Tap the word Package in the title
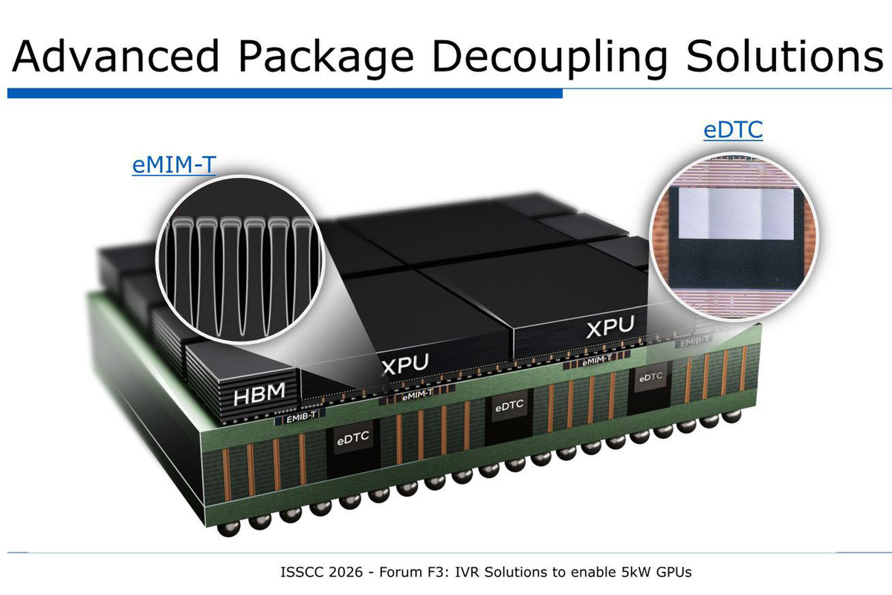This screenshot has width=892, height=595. pyautogui.click(x=326, y=58)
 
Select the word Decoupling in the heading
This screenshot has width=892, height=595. pyautogui.click(x=549, y=58)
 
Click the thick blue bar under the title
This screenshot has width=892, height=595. pyautogui.click(x=285, y=93)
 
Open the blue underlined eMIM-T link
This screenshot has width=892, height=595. pyautogui.click(x=174, y=164)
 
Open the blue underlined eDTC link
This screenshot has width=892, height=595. pyautogui.click(x=733, y=130)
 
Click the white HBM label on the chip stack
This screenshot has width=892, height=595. pyautogui.click(x=259, y=393)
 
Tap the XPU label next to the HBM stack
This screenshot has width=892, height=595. pyautogui.click(x=405, y=364)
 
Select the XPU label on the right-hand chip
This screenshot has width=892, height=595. pyautogui.click(x=610, y=327)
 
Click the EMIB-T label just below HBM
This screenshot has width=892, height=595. pyautogui.click(x=301, y=416)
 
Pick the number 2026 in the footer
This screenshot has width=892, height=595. pyautogui.click(x=346, y=572)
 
